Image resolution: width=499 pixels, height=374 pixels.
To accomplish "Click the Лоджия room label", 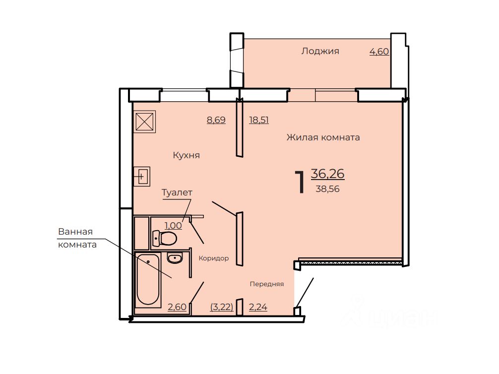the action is [x=320, y=51].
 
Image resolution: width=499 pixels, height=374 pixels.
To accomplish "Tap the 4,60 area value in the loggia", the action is [x=379, y=51].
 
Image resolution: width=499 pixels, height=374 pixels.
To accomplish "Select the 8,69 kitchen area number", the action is [x=216, y=120].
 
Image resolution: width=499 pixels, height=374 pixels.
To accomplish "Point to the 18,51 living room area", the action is [x=259, y=120].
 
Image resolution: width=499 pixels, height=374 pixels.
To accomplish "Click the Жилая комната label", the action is [x=323, y=137].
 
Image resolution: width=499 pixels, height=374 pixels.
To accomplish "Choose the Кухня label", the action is [x=186, y=155].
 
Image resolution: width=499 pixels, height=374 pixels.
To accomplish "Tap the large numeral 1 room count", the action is [x=300, y=182].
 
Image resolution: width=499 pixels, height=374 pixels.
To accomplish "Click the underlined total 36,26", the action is [x=327, y=174].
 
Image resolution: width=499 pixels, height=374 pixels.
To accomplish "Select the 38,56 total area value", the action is [x=327, y=189].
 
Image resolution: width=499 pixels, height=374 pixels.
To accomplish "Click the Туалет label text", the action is [x=177, y=192].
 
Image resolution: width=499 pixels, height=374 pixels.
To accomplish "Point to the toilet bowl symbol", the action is [x=165, y=238].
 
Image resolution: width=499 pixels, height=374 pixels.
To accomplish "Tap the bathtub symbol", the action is [x=148, y=280].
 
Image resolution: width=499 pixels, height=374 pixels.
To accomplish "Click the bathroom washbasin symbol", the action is [x=175, y=258].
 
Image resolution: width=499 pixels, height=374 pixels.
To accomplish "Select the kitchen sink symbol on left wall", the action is [x=141, y=176].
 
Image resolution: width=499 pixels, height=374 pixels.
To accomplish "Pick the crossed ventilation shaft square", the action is [x=144, y=121].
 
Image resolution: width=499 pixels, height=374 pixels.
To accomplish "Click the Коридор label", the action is [x=214, y=258].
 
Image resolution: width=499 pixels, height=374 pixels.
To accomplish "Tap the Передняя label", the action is [x=267, y=284].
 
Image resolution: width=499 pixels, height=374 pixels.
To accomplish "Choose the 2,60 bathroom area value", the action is [x=177, y=307].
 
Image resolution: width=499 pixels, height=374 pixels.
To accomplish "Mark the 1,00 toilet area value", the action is [x=173, y=226].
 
